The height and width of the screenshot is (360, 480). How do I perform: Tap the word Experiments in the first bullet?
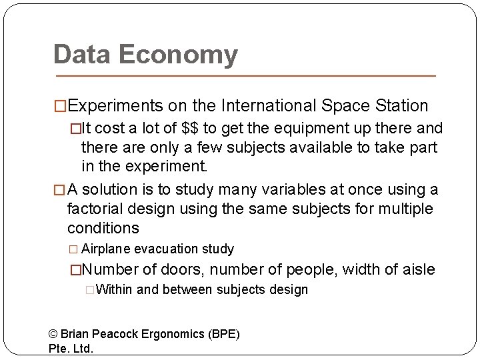click(115, 106)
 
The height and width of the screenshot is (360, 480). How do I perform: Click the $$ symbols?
click(190, 128)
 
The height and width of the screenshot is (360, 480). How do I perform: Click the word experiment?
click(169, 165)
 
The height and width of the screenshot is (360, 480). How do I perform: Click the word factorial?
click(95, 209)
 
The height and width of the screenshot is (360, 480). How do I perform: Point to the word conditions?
click(103, 228)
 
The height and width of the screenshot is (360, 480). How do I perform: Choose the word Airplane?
click(106, 249)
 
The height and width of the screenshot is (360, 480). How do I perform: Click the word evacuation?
click(166, 249)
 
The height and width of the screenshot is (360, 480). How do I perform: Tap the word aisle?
click(417, 270)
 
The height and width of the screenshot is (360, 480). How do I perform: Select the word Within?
click(115, 290)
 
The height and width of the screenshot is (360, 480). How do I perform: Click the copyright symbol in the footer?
click(54, 334)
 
